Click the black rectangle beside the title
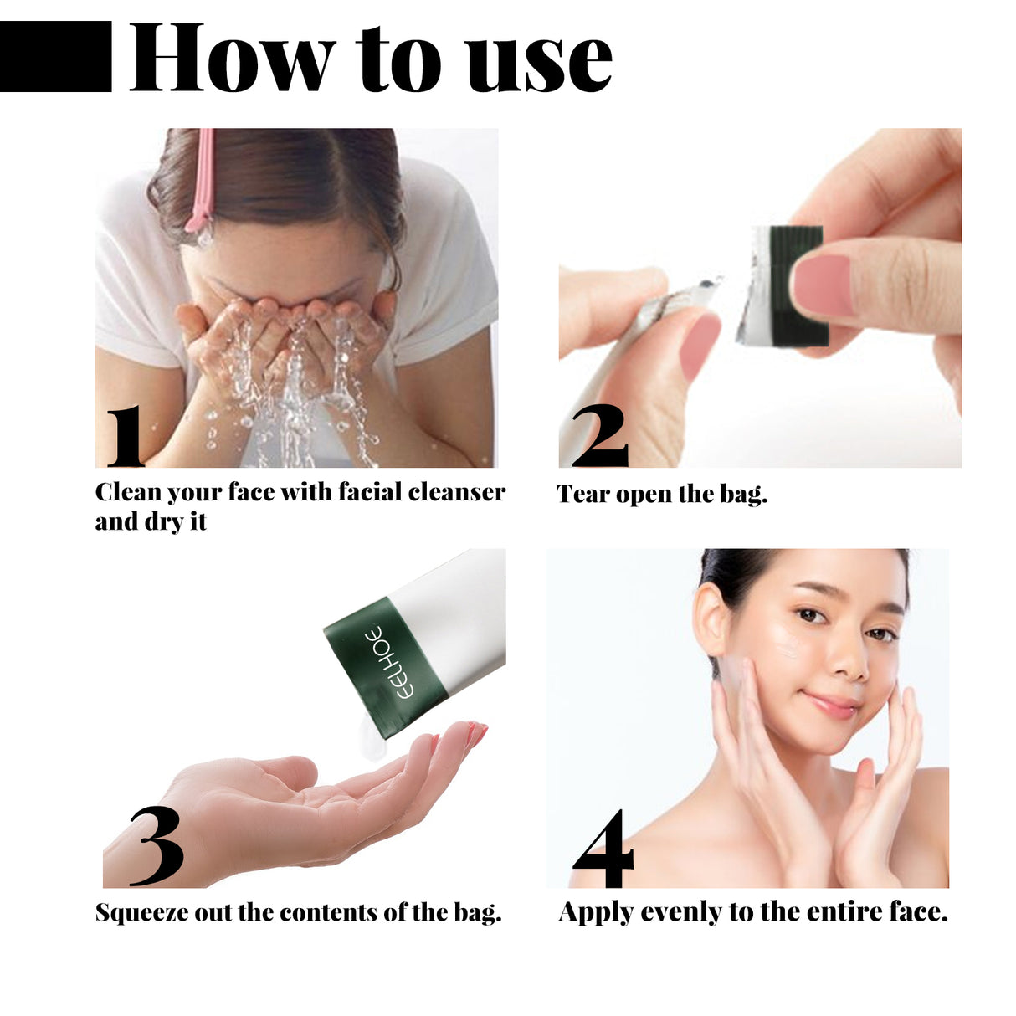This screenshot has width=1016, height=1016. point(55,56)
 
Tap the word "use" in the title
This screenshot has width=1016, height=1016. point(540,60)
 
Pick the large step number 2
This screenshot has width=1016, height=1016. point(599,436)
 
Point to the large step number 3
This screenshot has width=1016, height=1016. point(157,846)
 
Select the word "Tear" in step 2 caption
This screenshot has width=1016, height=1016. point(582,495)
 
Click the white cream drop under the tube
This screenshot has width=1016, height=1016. point(366,740)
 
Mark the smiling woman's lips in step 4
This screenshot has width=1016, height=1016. point(831,705)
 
